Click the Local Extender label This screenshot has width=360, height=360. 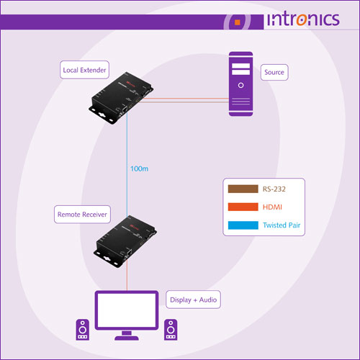point(84,70)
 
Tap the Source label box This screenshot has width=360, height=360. point(274,72)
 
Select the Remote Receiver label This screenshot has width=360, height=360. point(82,215)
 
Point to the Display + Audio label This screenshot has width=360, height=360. point(193,300)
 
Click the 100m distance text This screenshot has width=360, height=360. point(139,168)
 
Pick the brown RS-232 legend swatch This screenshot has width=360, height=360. point(243,189)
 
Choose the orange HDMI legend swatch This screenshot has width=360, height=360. point(243,207)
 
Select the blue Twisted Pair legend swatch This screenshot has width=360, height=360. point(243,225)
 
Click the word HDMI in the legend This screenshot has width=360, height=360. point(272,207)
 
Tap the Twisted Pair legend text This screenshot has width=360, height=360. point(282,225)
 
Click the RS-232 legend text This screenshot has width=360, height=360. point(274,189)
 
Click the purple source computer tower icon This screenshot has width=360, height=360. point(240,84)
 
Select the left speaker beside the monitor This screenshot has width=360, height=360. point(83,330)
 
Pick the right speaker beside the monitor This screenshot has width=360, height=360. point(171,330)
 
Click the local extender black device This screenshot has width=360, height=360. point(121,97)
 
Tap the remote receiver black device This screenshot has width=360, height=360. point(125,241)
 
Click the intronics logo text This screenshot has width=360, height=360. point(303,19)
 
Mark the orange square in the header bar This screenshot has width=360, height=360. point(238,22)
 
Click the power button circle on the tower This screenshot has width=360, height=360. point(240,85)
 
